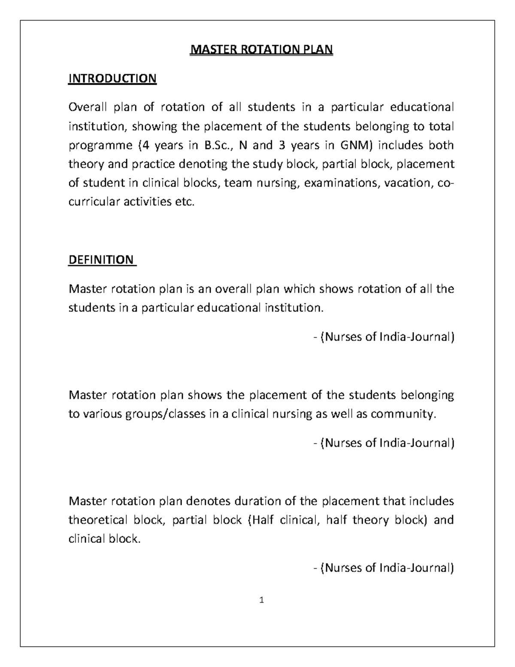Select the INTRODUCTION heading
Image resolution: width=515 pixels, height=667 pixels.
tap(112, 79)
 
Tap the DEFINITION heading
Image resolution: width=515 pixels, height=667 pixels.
tap(101, 259)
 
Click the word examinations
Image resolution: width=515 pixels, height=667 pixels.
tap(342, 183)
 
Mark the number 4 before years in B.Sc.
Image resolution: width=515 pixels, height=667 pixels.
tap(146, 145)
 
